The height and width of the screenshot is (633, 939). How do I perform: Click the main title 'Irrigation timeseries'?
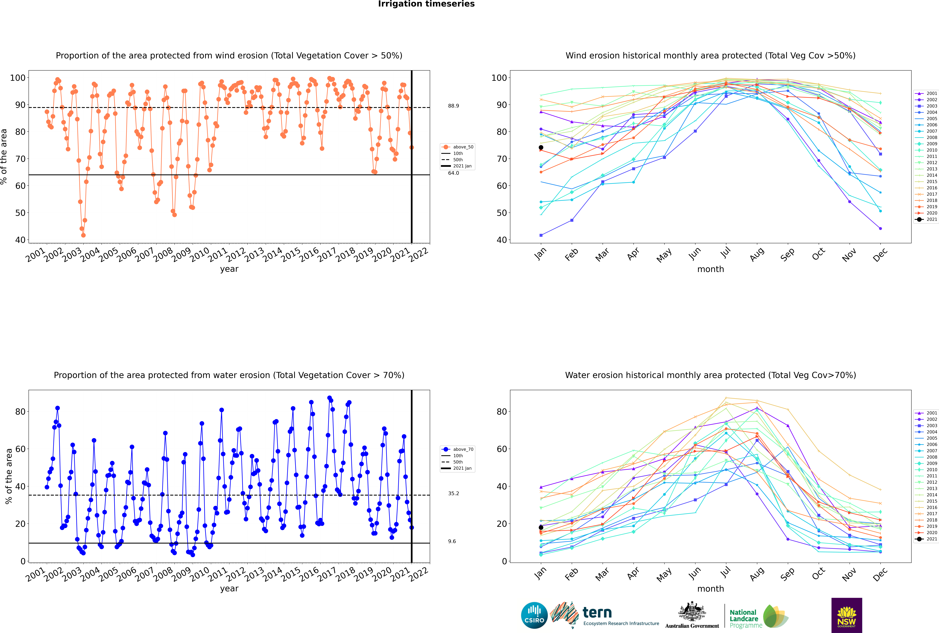tap(426, 4)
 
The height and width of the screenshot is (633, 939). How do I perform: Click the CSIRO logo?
tap(534, 615)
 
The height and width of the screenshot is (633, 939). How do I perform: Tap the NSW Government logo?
tap(847, 615)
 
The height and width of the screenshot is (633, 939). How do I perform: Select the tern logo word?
tap(597, 613)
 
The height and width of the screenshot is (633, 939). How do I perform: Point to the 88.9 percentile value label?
tap(453, 106)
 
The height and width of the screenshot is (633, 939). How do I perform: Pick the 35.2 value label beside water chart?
tap(453, 493)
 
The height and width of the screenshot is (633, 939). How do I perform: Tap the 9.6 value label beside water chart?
tap(452, 541)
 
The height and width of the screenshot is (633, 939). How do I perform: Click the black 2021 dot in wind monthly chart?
tap(541, 147)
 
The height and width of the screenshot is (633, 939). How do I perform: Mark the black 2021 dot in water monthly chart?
tap(541, 527)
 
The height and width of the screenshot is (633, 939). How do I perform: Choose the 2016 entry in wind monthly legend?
tap(932, 188)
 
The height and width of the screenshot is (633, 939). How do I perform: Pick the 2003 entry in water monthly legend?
tap(932, 426)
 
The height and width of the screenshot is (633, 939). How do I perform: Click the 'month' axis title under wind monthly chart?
tap(710, 269)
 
